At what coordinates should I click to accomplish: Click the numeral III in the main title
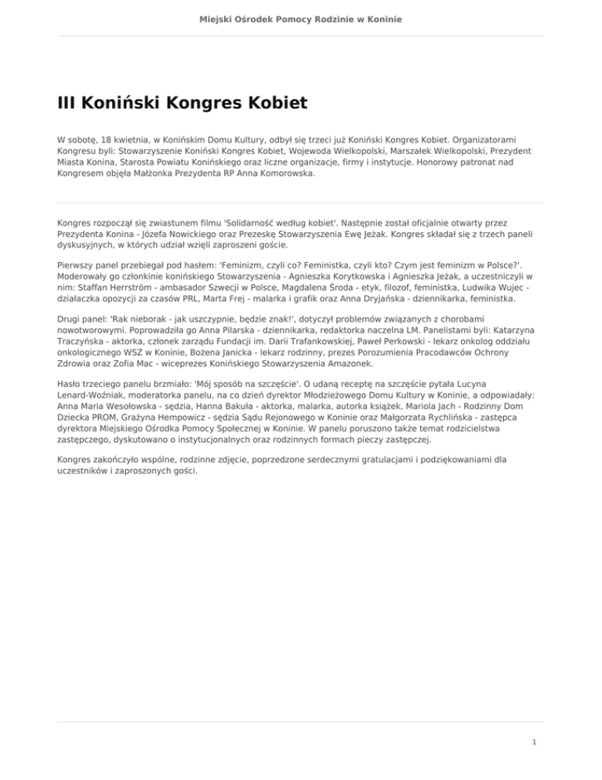click(68, 103)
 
